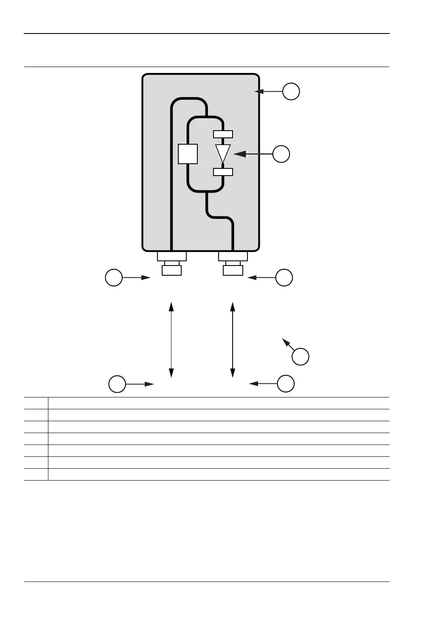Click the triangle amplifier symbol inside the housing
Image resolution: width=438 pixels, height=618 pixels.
point(223,153)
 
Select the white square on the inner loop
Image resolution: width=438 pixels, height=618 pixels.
point(188,154)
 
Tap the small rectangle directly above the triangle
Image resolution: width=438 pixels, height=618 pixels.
point(223,134)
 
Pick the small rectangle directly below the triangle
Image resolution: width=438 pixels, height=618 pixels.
point(223,172)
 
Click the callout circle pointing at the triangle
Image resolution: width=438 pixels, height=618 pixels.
point(281,154)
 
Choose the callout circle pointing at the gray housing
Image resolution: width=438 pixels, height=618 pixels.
point(291,91)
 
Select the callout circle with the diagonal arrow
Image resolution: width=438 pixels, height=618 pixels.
point(300,357)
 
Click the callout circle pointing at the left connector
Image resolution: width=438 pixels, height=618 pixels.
point(114,277)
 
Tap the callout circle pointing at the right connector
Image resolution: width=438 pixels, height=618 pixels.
point(284,277)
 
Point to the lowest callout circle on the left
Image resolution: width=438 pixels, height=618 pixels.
point(117,384)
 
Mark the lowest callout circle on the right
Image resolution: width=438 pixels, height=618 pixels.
point(286,383)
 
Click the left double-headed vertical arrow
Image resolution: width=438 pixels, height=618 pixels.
point(171,339)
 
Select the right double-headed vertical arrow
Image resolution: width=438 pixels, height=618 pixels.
point(233,339)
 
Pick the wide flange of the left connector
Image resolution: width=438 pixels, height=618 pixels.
point(171,256)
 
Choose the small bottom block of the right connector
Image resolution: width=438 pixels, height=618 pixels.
point(233,270)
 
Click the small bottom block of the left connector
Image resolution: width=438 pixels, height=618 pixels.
point(172,270)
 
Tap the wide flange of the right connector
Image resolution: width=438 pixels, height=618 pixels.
point(233,256)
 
